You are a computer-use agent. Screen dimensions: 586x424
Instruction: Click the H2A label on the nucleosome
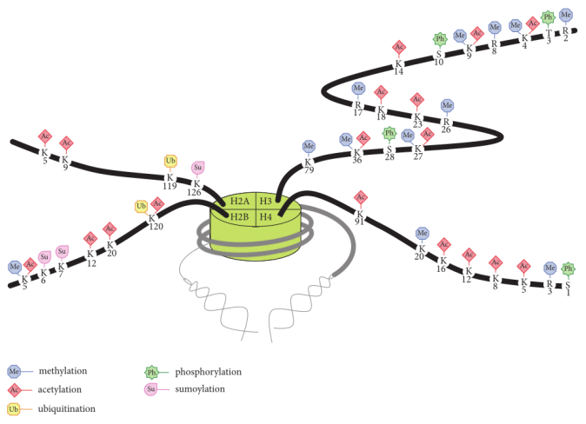(x=240, y=202)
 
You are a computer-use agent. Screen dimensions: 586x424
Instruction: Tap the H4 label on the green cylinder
(x=266, y=216)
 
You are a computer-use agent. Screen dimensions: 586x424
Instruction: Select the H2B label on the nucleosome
(x=239, y=216)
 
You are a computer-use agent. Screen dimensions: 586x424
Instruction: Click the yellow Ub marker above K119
(x=170, y=161)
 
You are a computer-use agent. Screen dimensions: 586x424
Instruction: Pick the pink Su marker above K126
(x=197, y=168)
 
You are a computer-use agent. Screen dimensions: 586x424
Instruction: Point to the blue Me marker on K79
(x=309, y=146)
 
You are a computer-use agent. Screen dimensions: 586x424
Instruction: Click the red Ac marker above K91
(x=361, y=197)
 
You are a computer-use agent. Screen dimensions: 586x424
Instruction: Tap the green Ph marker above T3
(x=548, y=17)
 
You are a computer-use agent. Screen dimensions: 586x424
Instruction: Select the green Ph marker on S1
(x=568, y=268)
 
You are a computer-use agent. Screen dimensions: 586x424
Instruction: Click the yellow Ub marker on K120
(x=141, y=206)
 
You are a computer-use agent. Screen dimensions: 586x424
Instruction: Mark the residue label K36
(x=357, y=156)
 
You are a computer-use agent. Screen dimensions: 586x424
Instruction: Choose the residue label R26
(x=446, y=125)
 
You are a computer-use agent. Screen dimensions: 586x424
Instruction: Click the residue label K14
(x=399, y=68)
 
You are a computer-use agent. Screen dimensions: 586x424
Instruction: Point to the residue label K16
(x=442, y=264)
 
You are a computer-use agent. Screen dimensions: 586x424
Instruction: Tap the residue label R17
(x=358, y=109)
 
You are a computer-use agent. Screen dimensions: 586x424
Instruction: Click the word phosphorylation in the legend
(x=208, y=372)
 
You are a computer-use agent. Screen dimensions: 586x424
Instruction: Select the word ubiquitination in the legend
(x=67, y=408)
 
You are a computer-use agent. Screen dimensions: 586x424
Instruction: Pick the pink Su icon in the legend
(x=150, y=389)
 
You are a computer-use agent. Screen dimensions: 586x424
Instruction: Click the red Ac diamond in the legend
(x=14, y=390)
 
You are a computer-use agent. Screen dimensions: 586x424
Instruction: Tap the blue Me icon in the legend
(x=14, y=371)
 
